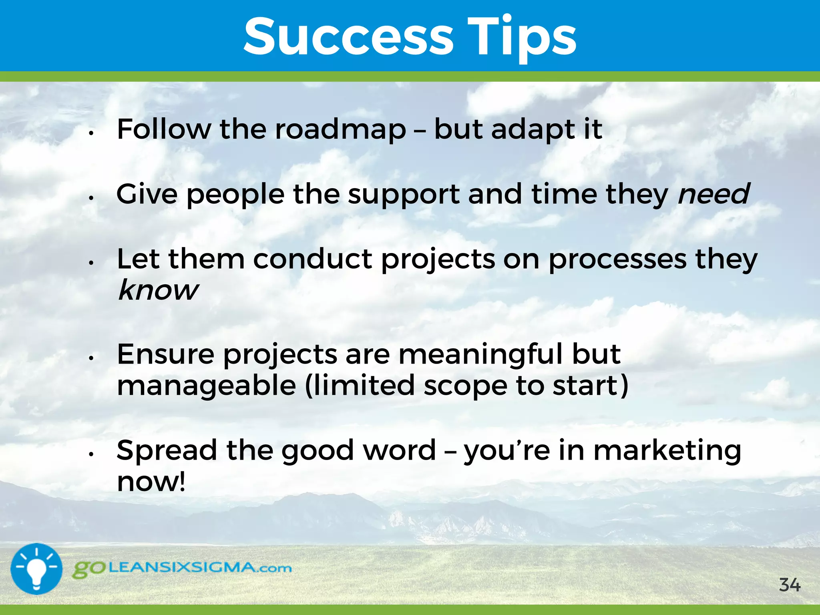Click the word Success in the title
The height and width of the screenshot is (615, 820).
[348, 37]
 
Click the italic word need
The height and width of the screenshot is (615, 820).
[713, 194]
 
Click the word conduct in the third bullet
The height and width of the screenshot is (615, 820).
[312, 259]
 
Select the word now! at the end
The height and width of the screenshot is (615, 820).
[151, 482]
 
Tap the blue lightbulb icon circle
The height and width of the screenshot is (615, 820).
[36, 569]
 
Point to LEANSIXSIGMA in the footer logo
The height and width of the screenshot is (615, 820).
[182, 567]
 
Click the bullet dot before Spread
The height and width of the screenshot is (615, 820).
[91, 454]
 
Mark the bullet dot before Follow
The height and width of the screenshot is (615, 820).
[91, 133]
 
